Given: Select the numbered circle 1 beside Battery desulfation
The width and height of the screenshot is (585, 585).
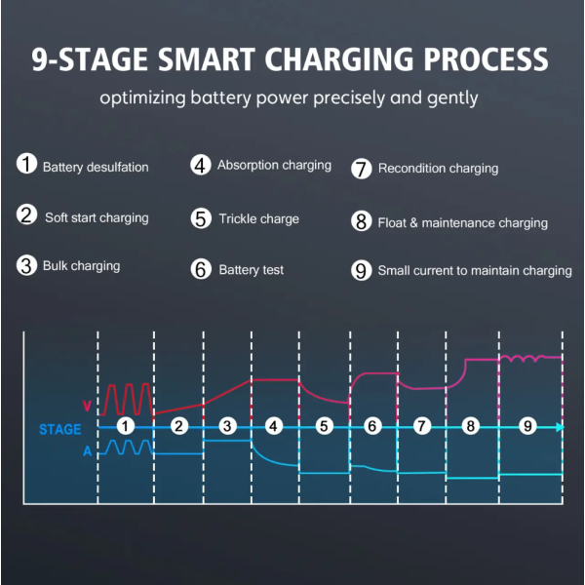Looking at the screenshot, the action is tap(26, 164).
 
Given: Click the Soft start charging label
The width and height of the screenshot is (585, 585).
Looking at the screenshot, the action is tap(97, 217).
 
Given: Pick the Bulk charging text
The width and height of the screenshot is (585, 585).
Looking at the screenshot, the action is tap(81, 266).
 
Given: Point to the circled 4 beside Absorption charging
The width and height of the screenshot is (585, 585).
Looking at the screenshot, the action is tap(201, 166).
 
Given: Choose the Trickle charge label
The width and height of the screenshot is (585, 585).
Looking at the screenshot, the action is tap(259, 219).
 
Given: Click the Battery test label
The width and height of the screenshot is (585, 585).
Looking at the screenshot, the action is tap(252, 270).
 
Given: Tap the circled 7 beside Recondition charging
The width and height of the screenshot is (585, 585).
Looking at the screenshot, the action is tap(361, 169).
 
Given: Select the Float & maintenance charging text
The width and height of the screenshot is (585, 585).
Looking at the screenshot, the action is tap(462, 223).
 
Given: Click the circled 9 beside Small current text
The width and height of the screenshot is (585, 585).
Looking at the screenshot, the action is tap(361, 270).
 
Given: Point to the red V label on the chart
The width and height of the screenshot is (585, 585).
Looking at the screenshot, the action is tap(87, 406).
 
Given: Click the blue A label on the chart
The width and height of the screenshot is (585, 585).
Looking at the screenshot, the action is tap(88, 451).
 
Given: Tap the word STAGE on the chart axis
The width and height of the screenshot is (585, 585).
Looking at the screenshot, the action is tap(60, 429).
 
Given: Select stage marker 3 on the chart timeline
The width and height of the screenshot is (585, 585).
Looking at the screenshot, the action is tap(227, 426).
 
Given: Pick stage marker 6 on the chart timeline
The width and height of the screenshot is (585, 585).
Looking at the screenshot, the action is tap(372, 426).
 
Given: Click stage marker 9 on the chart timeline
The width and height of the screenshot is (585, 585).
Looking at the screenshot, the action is tap(527, 426).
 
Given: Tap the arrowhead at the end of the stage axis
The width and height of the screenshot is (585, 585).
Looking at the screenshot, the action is tap(560, 428).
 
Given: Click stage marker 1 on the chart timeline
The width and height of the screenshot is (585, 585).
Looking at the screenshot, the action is tap(126, 426).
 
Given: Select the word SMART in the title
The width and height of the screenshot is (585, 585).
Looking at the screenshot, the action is tap(207, 59).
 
